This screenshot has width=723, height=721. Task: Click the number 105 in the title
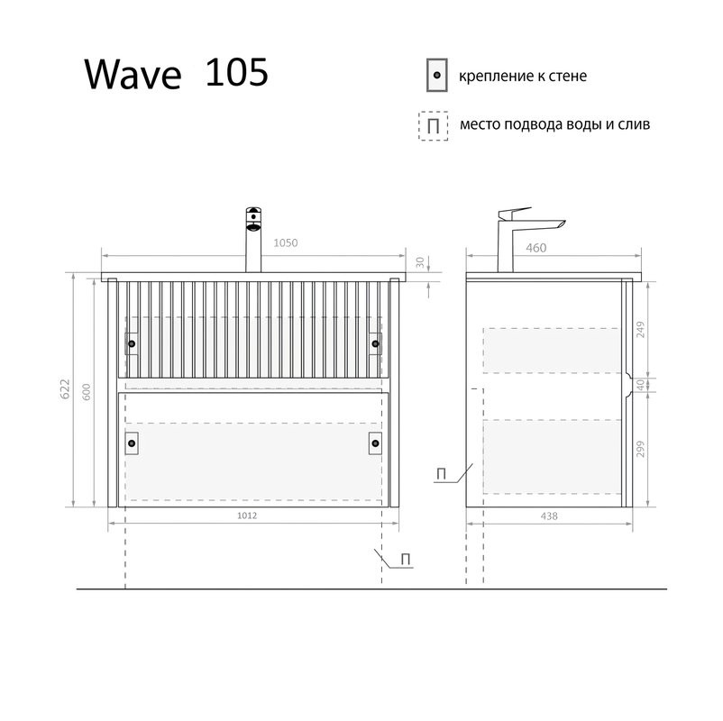pos(236,73)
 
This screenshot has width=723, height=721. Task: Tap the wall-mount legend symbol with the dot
pos(436,76)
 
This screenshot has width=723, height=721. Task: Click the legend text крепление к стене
pos(523,76)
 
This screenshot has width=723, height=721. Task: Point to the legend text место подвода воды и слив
pos(554,124)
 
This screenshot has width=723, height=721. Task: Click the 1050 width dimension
pos(285,243)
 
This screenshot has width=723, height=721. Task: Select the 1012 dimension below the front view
pos(248,516)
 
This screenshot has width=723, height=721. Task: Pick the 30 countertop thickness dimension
pos(420,262)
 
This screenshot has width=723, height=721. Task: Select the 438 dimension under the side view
pos(549,516)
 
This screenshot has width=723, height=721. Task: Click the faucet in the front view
pos(253,239)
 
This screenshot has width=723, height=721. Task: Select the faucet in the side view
pos(523,236)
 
